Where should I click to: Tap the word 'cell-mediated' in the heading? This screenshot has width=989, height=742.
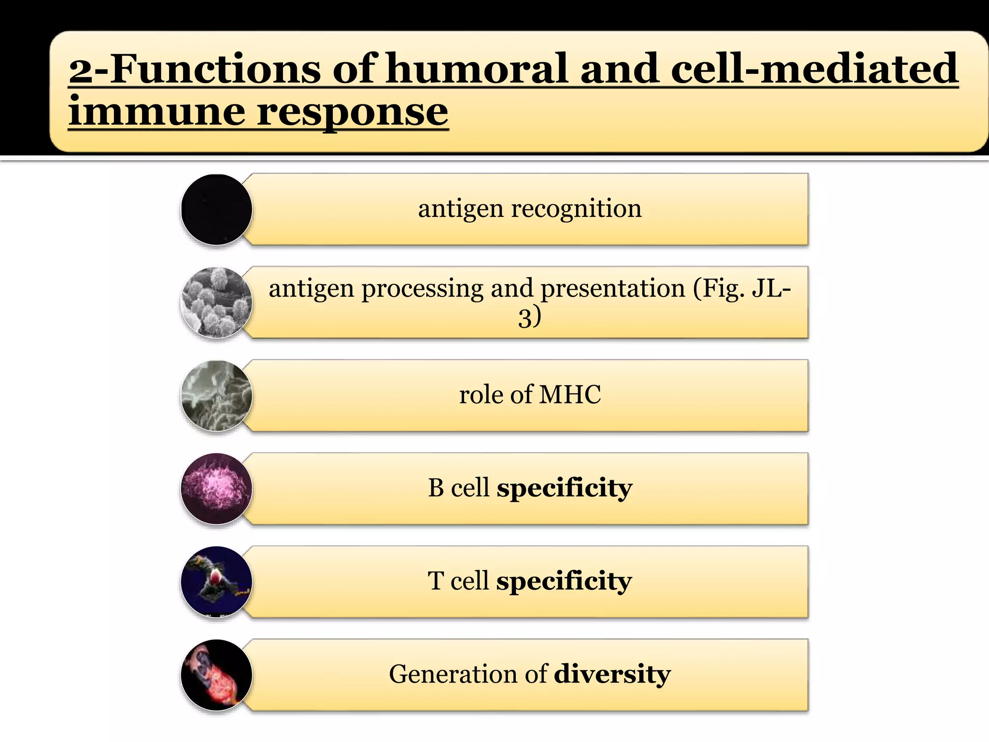(814, 69)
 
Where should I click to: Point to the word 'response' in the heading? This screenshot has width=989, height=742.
(353, 112)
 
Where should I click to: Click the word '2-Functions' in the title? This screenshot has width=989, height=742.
(197, 69)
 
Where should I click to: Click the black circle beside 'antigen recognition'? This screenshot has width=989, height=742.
(216, 210)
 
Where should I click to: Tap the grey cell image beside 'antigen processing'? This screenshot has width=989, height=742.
(216, 302)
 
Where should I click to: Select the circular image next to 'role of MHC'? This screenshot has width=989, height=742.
(216, 396)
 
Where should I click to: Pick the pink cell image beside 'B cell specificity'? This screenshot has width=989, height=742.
(216, 489)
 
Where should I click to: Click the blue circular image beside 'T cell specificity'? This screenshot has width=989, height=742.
(216, 582)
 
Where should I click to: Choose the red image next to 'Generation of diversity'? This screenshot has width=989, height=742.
(216, 675)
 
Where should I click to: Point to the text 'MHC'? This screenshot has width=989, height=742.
(570, 395)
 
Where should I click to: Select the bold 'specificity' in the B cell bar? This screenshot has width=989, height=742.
(565, 488)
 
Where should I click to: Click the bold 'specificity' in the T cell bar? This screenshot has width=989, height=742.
(564, 581)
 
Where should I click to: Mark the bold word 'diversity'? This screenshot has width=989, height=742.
(612, 674)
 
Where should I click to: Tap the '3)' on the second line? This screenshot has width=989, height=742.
(530, 318)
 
